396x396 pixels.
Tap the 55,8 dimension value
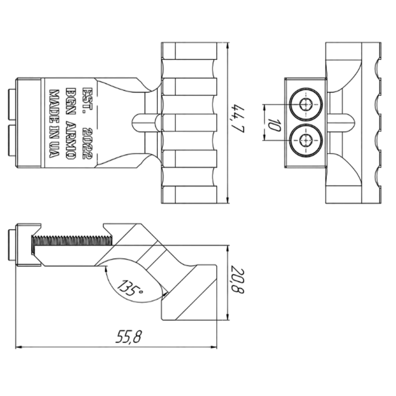[129, 337]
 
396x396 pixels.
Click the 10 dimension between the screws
[275, 125]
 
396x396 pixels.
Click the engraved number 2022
[88, 144]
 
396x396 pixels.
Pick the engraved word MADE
[54, 107]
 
